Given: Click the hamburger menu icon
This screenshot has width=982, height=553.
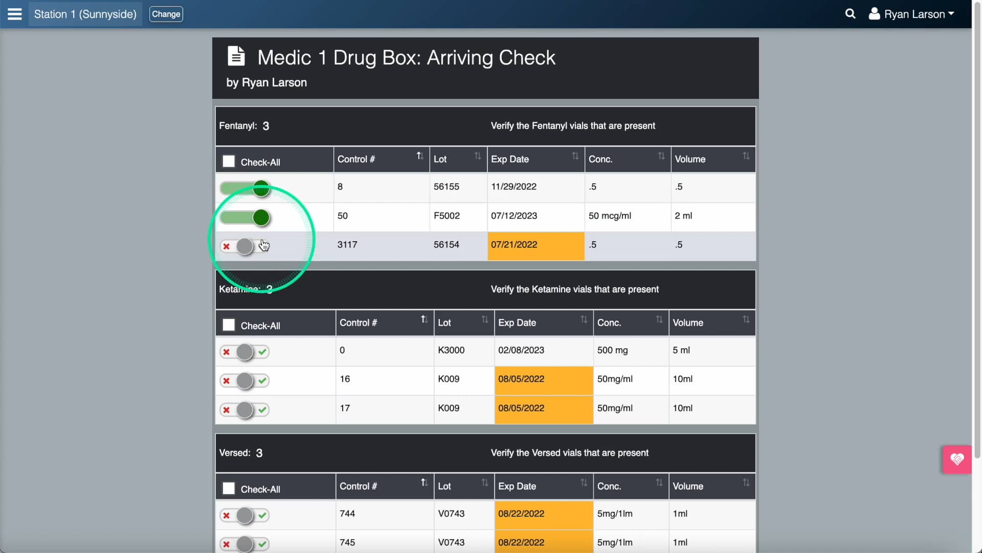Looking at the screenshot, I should [x=15, y=14].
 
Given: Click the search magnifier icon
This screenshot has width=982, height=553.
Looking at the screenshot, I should [x=850, y=14].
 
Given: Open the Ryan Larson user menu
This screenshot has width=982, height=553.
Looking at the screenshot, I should [x=911, y=14].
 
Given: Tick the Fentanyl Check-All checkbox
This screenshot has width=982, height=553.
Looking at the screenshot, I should [x=229, y=162].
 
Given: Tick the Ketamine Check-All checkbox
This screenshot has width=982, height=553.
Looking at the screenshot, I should [x=229, y=325].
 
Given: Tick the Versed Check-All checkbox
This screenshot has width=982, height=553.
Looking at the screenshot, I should [x=229, y=488].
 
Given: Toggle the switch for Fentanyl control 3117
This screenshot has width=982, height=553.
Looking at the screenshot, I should [x=244, y=246].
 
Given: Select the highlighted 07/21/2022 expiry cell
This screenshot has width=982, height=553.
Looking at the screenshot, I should [x=535, y=245].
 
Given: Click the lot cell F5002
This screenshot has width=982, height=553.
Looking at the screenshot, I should [x=447, y=216].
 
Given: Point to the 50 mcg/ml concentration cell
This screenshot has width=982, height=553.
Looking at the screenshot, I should [x=610, y=216].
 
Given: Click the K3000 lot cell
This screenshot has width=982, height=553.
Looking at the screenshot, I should [x=451, y=350].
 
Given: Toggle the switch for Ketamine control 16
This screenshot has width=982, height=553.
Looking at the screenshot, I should [x=244, y=380].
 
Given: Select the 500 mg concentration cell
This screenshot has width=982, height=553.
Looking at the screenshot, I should [x=612, y=350].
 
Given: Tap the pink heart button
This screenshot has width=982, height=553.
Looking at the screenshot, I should [x=957, y=459].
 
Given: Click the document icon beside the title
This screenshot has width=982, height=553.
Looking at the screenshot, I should [x=236, y=56].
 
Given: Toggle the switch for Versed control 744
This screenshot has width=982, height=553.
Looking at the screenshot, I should [x=244, y=515].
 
